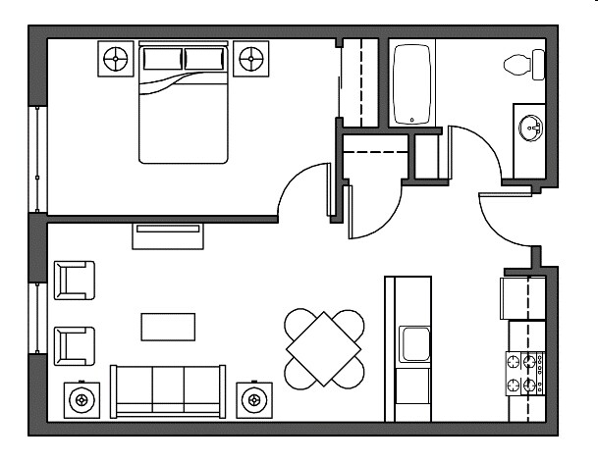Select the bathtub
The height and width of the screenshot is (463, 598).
point(413,84)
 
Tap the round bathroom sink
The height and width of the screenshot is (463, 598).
point(532,128)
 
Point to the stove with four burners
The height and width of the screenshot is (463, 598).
point(524,372)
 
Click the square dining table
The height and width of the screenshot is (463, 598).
point(323,349)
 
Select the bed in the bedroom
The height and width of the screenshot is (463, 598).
point(185,103)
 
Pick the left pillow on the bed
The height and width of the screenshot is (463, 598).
point(162,60)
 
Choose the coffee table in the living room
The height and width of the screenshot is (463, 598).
point(168,326)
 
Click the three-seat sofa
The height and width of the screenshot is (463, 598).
point(168,389)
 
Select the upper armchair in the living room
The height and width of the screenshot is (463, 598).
point(75,281)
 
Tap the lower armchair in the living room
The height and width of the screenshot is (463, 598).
point(75,344)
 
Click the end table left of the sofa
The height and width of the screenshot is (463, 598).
point(82,398)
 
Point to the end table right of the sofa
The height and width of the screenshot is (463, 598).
point(254,398)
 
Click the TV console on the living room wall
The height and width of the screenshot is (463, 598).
point(168,230)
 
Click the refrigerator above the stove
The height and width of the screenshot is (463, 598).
point(523,299)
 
